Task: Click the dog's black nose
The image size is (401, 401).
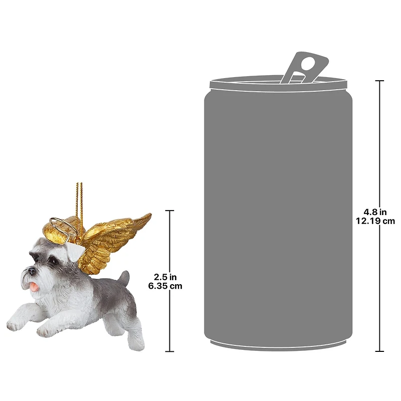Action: pos(32,271)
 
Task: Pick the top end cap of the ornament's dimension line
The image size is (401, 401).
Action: pos(169,211)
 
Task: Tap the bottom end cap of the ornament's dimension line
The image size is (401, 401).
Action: pos(169,351)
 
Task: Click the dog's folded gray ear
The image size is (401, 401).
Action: pos(74,252)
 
